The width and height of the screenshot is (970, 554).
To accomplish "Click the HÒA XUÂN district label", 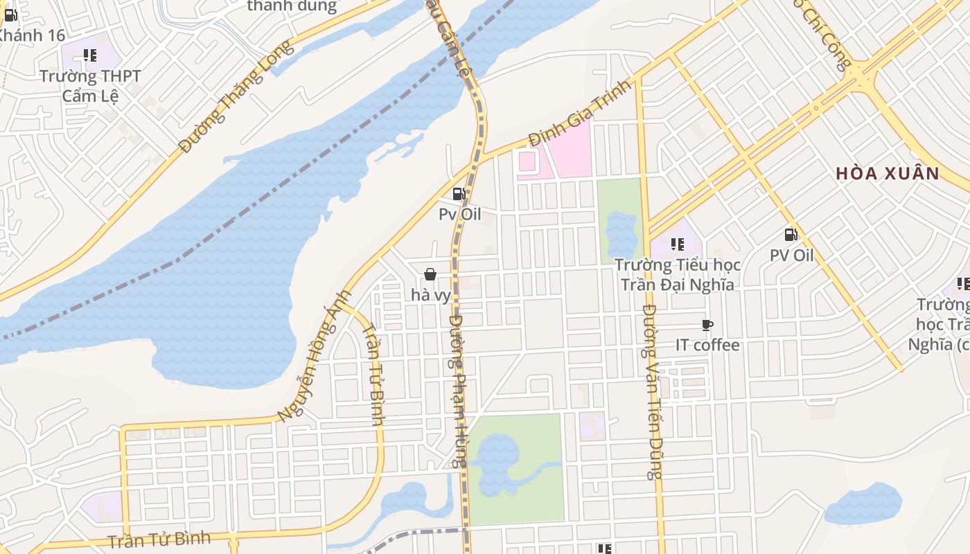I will pyautogui.click(x=887, y=173).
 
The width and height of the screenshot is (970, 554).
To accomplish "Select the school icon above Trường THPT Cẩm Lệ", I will pyautogui.click(x=90, y=55).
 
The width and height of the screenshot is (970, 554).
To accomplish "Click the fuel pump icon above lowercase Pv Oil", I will pyautogui.click(x=459, y=194).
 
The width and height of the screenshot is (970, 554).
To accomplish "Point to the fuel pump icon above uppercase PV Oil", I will pyautogui.click(x=791, y=235).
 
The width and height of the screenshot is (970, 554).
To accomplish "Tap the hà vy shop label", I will pyautogui.click(x=431, y=295).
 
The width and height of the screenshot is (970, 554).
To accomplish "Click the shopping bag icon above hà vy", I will pyautogui.click(x=430, y=274).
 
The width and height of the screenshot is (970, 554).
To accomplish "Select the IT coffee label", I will pyautogui.click(x=707, y=345).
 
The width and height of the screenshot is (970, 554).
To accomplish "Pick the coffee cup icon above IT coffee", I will pyautogui.click(x=707, y=325).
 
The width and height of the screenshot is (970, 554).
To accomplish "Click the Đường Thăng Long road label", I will pyautogui.click(x=236, y=97).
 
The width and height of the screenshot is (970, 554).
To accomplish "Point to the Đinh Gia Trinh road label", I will pyautogui.click(x=581, y=113).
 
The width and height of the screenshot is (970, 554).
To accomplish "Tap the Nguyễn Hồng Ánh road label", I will pyautogui.click(x=314, y=356).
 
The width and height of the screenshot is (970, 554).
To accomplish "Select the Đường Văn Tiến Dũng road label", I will pyautogui.click(x=652, y=392).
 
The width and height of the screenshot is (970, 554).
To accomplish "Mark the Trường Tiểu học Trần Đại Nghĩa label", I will pyautogui.click(x=678, y=274).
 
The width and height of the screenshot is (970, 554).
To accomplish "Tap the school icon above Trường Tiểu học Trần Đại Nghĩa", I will pyautogui.click(x=678, y=244).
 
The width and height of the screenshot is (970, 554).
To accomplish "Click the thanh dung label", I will pyautogui.click(x=292, y=7).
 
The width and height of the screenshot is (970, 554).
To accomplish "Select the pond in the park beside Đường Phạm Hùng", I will pyautogui.click(x=495, y=461).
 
